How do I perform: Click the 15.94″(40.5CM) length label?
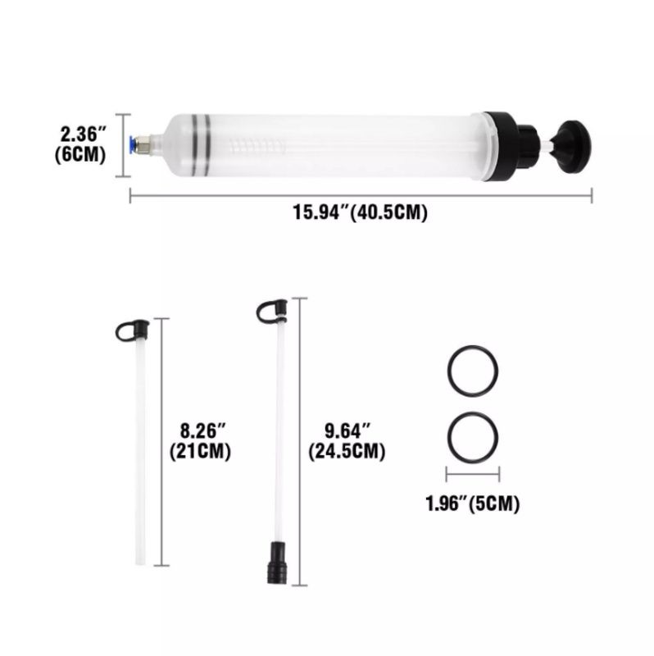coord(361,212)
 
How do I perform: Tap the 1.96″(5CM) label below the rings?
coord(472,503)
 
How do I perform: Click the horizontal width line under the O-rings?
coord(473,474)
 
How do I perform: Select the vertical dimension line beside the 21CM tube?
coord(165,443)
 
